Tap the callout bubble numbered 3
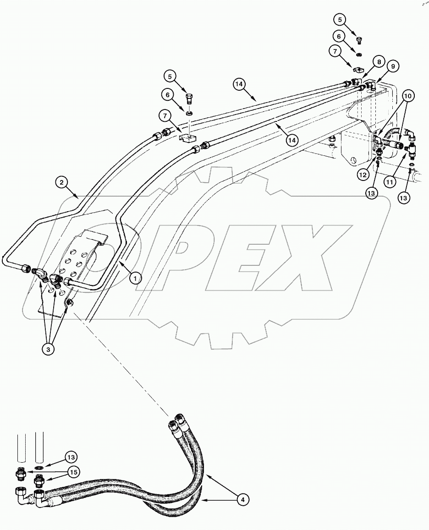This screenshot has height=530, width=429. (x=49, y=349)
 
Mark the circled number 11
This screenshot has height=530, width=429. (x=390, y=182)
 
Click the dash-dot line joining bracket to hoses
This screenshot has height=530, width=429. (x=119, y=362)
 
